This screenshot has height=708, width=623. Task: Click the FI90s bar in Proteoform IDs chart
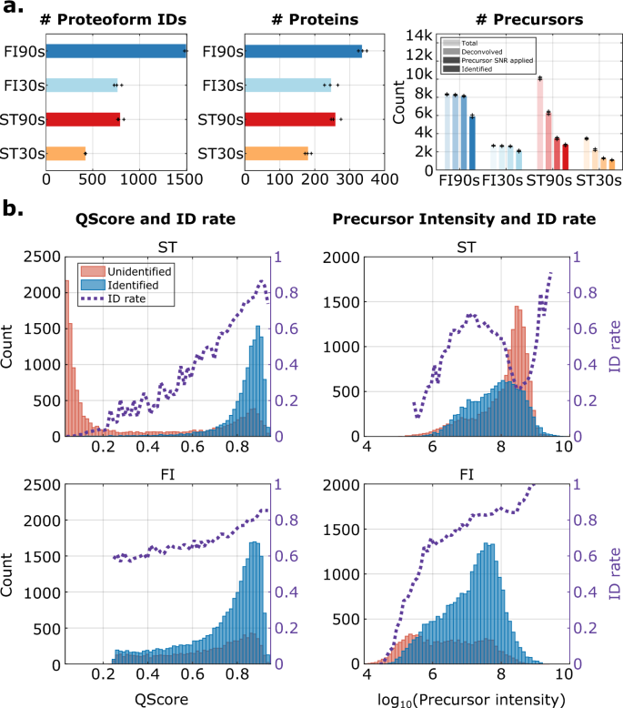tap(115, 51)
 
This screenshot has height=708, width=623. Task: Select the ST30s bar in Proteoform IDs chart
tap(65, 153)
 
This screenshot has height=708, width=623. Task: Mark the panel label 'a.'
tap(13, 12)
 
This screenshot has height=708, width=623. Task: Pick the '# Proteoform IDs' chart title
tap(116, 19)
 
